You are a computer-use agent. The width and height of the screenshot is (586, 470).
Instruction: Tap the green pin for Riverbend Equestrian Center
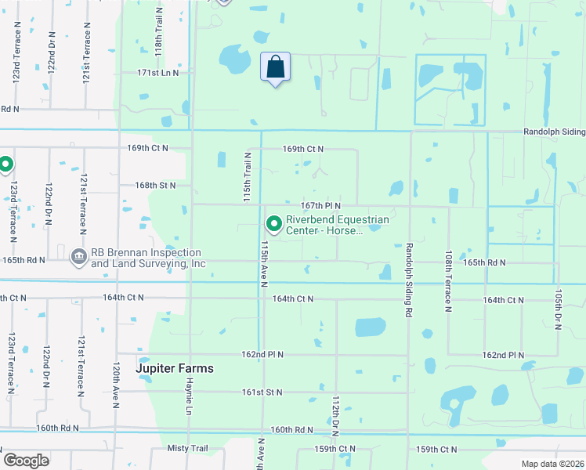point(274,225)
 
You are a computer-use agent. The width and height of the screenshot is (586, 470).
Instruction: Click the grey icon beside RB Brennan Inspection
point(78,257)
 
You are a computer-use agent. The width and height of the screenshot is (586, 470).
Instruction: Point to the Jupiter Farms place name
point(175,367)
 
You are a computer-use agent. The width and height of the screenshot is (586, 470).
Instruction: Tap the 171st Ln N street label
point(158,73)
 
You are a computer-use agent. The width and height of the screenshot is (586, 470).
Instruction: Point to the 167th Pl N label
point(319,205)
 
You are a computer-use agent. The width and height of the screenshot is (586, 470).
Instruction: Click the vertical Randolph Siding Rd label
point(409,280)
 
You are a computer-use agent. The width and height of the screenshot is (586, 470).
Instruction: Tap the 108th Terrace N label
point(449,281)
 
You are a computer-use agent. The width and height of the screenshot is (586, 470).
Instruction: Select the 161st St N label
point(262,392)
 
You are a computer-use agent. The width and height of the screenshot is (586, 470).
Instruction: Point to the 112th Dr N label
point(335,416)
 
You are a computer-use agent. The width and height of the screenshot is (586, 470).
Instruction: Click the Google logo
point(26,461)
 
